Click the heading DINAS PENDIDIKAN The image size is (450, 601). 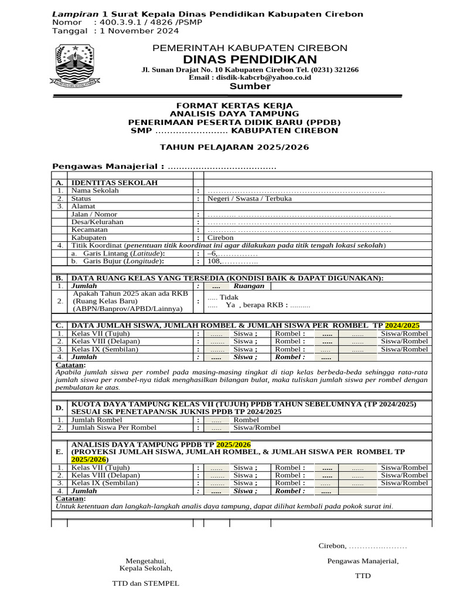(250, 59)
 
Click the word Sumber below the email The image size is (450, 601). (250, 86)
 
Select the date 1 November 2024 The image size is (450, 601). (136, 31)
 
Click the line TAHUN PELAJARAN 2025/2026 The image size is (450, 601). (234, 147)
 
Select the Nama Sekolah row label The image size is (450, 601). (95, 191)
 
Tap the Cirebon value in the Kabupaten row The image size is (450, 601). (220, 238)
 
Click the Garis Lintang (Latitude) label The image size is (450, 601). (118, 253)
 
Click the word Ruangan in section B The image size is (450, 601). (249, 286)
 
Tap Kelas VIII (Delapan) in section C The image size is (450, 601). (105, 341)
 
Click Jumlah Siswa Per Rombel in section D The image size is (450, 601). (114, 428)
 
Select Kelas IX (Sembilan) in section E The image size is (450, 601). (105, 483)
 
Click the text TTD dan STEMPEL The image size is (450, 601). (146, 584)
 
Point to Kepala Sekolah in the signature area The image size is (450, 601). (146, 568)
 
